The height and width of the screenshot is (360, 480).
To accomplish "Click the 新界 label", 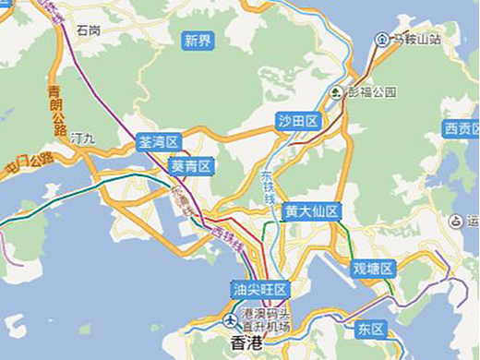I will tap(198, 40).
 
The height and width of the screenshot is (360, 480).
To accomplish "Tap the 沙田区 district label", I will tap(298, 121).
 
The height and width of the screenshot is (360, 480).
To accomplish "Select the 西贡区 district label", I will tap(461, 128).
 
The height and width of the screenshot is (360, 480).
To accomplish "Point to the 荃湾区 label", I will tap(158, 142).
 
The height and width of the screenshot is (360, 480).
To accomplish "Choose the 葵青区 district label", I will tap(191, 166).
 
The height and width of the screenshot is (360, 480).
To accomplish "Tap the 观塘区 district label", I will tap(373, 269).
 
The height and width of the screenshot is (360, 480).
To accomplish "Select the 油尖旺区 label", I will tap(261, 289).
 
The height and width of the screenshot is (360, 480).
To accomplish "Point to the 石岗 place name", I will tap(89, 30).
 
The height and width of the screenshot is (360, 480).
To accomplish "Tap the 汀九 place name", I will tap(83, 138).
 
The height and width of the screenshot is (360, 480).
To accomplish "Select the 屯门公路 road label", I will tap(28, 164).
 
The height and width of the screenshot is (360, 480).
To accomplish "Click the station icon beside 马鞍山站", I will tap(381, 40).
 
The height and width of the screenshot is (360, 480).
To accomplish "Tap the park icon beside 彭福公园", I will tap(338, 92).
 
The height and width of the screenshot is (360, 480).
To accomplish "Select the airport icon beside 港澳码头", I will tap(229, 320).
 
